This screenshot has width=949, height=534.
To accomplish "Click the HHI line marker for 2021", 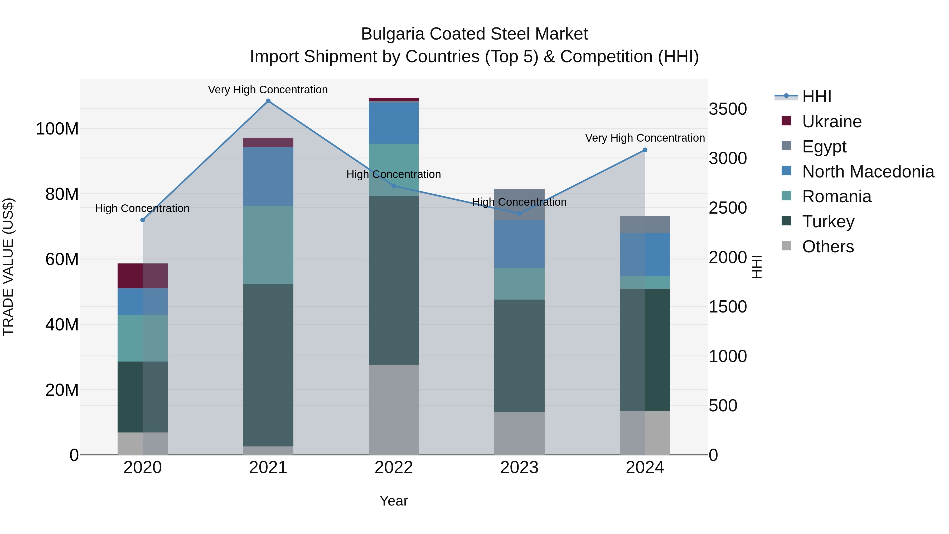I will point(268,101).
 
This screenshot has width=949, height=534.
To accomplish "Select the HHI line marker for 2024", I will point(645,150).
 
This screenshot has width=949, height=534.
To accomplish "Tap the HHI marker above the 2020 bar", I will point(143,220).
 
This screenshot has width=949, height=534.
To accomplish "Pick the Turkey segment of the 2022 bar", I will point(394,280).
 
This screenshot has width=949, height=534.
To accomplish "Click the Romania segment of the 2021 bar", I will point(268,245).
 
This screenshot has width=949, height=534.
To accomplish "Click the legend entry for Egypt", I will point(824,147).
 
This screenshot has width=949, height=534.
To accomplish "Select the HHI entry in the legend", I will point(816,97).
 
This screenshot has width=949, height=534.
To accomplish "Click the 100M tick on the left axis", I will point(57,129).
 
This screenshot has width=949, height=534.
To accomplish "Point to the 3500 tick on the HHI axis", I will point(728,109).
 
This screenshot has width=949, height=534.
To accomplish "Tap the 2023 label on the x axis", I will point(519,468).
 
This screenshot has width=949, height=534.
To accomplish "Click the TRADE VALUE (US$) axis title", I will point(8,267).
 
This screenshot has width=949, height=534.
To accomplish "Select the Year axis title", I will point(394,501).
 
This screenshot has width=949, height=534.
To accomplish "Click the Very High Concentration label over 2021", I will point(268,90).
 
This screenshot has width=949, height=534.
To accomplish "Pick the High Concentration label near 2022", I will point(394,174).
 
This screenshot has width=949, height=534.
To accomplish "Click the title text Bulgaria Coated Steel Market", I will point(474,34).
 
